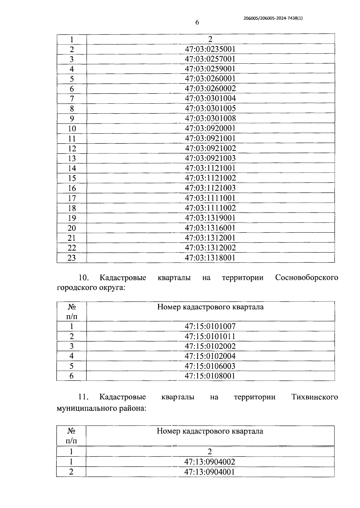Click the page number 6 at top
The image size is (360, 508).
click(197, 23)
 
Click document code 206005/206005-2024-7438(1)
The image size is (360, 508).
click(273, 18)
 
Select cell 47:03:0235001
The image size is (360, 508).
click(210, 49)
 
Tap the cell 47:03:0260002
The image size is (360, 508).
click(210, 89)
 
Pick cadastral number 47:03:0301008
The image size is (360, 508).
click(210, 118)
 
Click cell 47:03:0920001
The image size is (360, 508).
click(210, 129)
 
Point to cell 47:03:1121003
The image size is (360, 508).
click(210, 188)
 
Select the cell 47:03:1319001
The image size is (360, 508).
click(210, 218)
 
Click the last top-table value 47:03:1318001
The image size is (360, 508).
click(210, 258)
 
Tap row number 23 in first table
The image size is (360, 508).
click(72, 258)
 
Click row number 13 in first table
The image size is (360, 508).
click(72, 159)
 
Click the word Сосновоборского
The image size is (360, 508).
click(306, 277)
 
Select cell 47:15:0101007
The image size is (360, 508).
click(210, 326)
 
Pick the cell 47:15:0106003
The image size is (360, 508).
click(210, 366)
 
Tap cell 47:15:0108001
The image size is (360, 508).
click(210, 376)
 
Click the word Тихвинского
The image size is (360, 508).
click(314, 397)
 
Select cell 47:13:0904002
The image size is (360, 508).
click(210, 462)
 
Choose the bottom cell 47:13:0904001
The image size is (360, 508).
click(210, 472)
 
